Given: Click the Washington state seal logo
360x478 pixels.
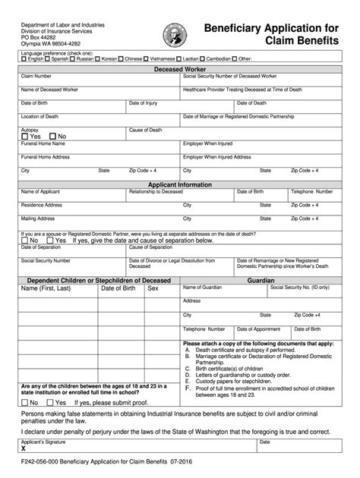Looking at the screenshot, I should (x=170, y=34).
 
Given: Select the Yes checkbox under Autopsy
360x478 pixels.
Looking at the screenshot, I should (x=25, y=136).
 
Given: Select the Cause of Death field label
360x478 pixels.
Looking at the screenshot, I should (x=146, y=130).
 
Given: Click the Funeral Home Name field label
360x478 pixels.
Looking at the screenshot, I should (x=43, y=143).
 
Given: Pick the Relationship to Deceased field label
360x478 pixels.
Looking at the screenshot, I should (x=156, y=191).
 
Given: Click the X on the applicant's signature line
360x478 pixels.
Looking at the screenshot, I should (x=24, y=448).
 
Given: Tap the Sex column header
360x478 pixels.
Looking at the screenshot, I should (x=153, y=288).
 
